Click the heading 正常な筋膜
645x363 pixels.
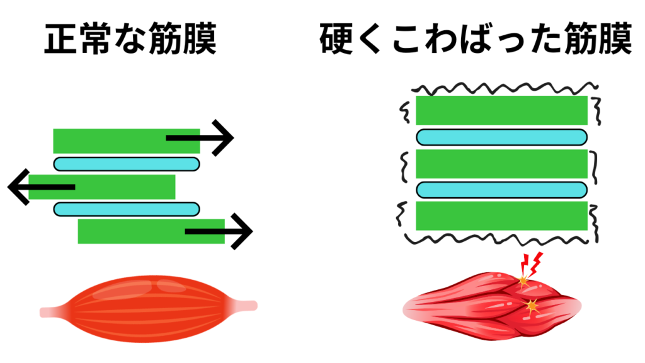click(130, 39)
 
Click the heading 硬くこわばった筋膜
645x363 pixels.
click(476, 39)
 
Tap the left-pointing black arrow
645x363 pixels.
click(41, 187)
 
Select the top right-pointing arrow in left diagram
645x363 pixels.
click(200, 138)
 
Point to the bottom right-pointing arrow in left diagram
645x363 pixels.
click(219, 231)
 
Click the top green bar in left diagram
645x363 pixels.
click(126, 141)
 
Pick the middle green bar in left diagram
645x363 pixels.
click(102, 187)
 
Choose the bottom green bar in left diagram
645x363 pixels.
click(151, 231)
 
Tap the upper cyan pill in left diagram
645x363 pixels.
click(127, 164)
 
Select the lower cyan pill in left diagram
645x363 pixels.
click(127, 209)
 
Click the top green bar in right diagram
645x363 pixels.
click(501, 110)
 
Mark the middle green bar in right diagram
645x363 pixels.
click(501, 164)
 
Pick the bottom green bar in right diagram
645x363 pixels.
click(501, 216)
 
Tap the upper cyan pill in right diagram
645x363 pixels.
click(502, 137)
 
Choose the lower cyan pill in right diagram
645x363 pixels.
click(502, 190)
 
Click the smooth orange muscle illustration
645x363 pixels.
click(149, 309)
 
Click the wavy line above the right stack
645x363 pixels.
click(505, 88)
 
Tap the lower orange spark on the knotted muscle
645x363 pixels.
click(532, 306)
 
